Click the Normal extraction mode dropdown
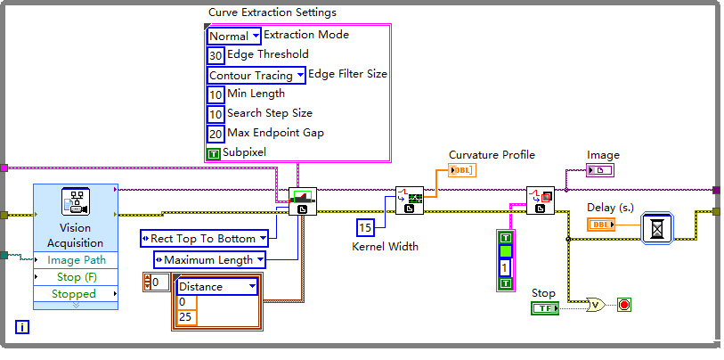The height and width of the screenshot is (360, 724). click(234, 37)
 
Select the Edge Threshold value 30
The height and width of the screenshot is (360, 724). click(216, 55)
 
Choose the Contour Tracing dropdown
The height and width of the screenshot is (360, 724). click(256, 76)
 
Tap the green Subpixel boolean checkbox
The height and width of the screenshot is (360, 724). click(213, 153)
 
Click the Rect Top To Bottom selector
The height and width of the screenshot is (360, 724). click(205, 238)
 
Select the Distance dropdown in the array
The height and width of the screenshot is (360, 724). click(217, 287)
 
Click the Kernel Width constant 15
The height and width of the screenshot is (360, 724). click(365, 226)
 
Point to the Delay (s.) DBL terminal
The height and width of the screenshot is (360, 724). click(602, 225)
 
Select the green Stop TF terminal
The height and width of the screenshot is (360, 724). click(544, 308)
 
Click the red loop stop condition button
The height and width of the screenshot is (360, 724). click(623, 305)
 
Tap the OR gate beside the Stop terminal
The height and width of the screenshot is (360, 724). click(596, 305)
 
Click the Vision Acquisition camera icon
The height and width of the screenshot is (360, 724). click(74, 201)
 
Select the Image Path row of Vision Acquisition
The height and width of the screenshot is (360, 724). click(76, 260)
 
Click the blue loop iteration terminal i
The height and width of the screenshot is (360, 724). click(22, 327)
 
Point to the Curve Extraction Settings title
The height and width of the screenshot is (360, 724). click(272, 12)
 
